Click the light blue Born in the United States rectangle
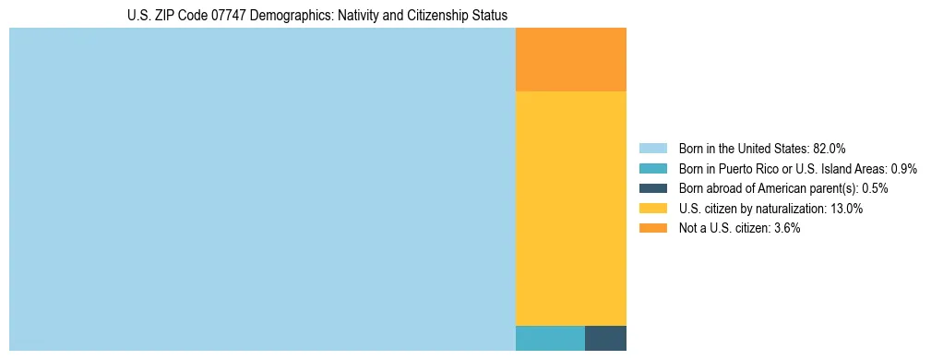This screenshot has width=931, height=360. pos(262,189)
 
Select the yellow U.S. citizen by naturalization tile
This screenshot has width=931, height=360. pos(570,209)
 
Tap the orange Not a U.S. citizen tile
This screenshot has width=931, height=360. pos(570,60)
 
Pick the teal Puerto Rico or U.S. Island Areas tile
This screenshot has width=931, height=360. pos(550,338)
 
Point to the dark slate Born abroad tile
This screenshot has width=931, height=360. pos(605,338)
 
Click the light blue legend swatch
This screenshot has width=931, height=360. pos(653,149)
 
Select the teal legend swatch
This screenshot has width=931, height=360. pos(653,169)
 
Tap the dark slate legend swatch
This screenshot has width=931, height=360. pos(653,188)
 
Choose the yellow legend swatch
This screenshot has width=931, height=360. pos(653,209)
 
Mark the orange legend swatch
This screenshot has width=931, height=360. pos(653,228)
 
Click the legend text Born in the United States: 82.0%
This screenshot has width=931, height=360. pos(762,149)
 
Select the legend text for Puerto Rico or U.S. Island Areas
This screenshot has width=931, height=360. pos(797,169)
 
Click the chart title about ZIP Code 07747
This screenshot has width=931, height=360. pos(317,16)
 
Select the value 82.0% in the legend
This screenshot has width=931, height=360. pos(829,149)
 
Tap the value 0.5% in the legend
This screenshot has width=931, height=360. pos(875,188)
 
